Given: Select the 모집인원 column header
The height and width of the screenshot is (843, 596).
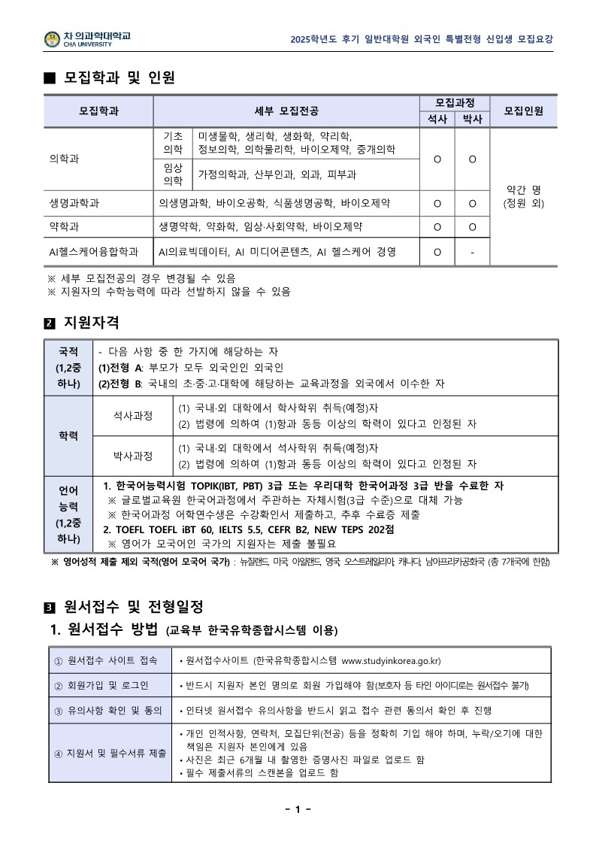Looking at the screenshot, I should [523, 111].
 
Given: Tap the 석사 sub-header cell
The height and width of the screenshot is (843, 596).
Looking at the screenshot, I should [437, 119].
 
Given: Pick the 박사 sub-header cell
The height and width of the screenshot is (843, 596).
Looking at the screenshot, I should [472, 119].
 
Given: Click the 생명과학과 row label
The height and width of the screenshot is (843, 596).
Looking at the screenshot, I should [74, 203].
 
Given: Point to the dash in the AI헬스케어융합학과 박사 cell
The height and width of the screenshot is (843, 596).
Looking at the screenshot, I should [472, 252].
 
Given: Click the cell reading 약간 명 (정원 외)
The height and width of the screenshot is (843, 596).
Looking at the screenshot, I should [523, 196].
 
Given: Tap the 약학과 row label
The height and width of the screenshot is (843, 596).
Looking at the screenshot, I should [64, 226].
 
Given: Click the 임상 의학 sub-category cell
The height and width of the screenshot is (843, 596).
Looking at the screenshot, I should [173, 174].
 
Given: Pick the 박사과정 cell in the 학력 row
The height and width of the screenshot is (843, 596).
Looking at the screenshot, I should [132, 455].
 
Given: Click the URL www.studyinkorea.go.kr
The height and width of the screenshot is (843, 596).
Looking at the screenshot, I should [390, 661].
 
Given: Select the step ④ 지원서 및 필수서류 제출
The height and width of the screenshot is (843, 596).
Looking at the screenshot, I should [110, 753].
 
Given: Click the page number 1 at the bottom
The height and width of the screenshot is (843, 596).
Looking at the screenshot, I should [298, 809].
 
